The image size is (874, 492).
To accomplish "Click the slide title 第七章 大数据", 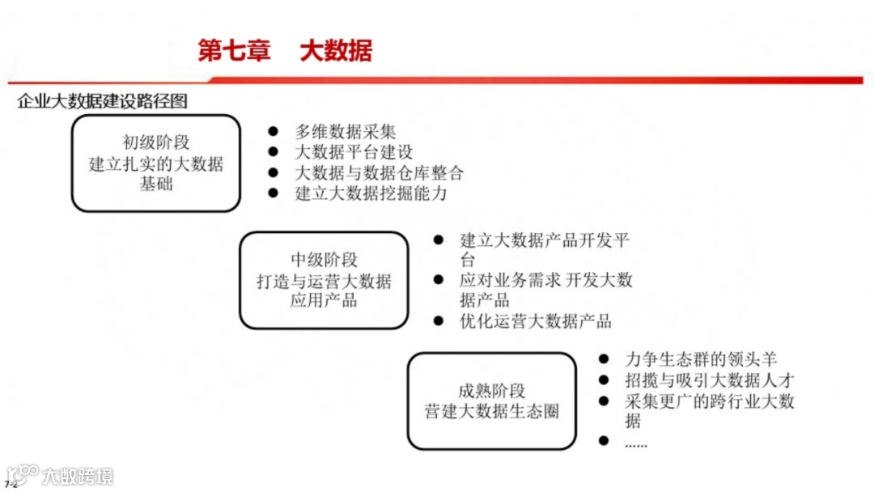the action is coord(285,51).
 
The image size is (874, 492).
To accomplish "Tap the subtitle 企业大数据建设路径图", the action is coord(102,102).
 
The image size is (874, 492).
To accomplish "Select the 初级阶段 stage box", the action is coord(156,163).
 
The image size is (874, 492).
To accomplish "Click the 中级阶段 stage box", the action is coord(324,280).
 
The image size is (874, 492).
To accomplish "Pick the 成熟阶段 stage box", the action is coord(491,401).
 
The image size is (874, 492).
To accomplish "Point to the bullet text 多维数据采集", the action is coord(346,131).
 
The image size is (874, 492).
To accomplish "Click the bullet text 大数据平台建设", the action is coord(354,152).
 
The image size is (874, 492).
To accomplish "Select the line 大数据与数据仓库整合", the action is coord(380,173).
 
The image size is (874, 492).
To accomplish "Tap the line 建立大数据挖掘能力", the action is coord(371,194).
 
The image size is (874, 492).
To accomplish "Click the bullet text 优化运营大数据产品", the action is coord(536,321).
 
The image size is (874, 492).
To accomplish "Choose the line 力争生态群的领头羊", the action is coord(701,359).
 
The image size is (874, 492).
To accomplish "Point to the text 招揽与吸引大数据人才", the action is coord(710,380).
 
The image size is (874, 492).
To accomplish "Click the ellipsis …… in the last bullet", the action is coord(636,443).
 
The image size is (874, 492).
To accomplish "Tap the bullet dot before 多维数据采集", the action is coord(274,131).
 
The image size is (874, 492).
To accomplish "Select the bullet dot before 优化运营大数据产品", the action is coord(439,321).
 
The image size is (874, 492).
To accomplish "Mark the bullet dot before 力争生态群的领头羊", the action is coord(604,358).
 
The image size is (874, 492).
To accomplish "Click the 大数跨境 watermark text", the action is coord(78,476).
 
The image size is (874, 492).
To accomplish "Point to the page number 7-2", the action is coord(10,486).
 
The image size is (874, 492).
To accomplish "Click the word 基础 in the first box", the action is coord(156,184).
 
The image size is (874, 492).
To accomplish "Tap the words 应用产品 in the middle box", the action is coord(324,301).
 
